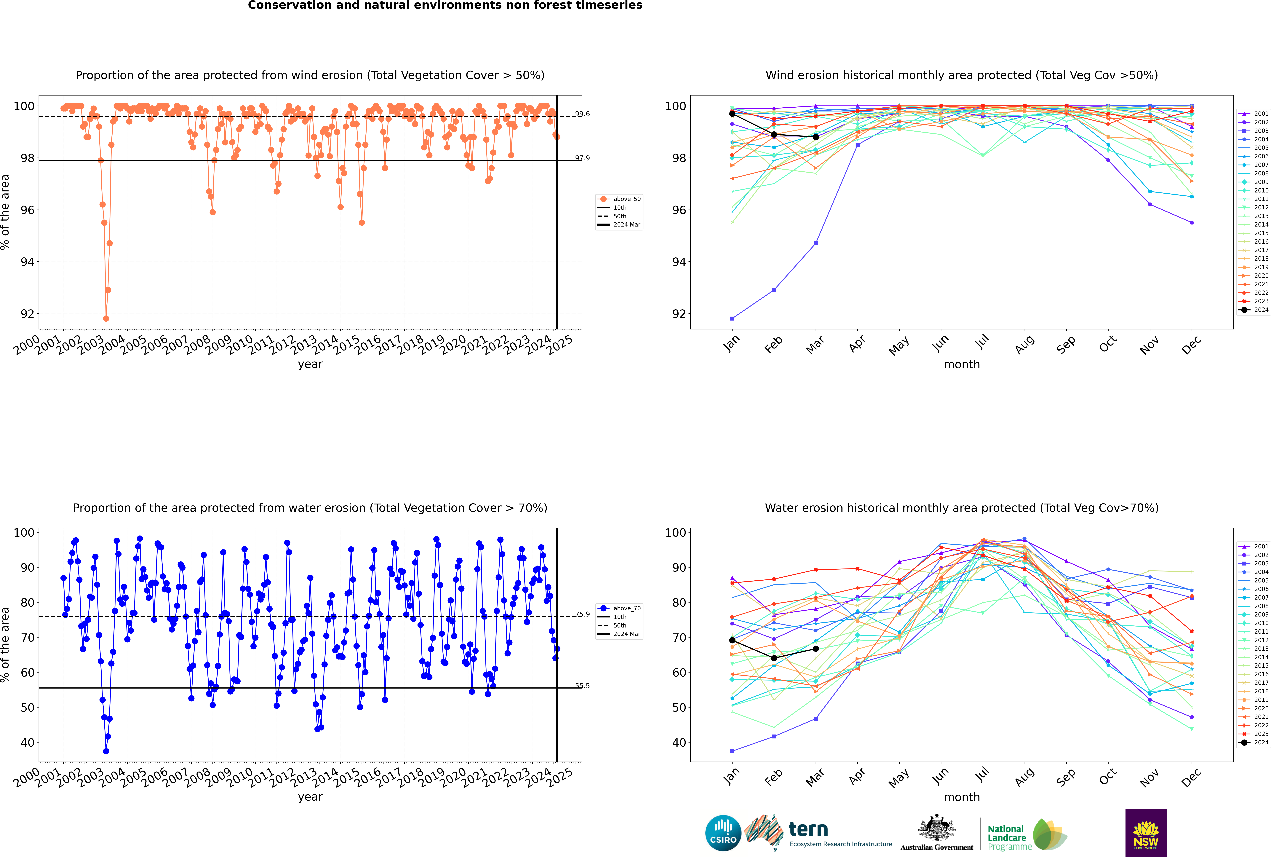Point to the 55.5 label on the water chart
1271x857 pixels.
pos(582,686)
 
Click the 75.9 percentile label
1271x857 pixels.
pos(582,614)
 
